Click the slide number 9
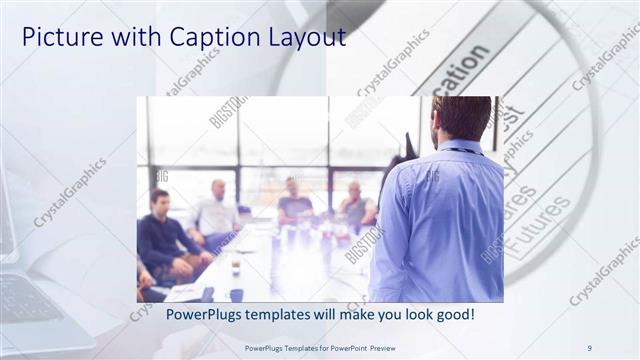(x=590, y=347)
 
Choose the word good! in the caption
(x=455, y=315)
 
